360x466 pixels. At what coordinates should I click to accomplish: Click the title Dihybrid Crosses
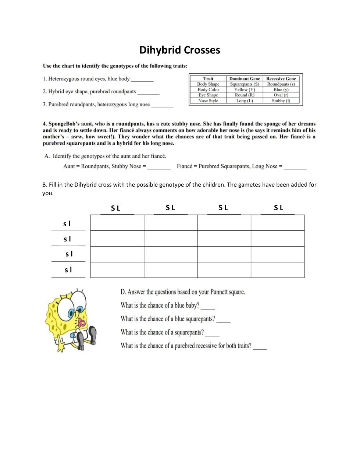pos(179,50)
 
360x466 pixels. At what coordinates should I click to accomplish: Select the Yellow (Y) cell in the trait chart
pos(245,89)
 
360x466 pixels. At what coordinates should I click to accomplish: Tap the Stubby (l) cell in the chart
pos(281,100)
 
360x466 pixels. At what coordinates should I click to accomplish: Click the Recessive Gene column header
pos(281,78)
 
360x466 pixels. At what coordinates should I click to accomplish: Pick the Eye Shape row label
pos(208,95)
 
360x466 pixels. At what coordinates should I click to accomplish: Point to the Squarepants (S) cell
pos(245,84)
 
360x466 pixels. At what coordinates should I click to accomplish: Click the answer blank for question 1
pos(142,80)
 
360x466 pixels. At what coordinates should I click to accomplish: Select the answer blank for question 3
pos(162,105)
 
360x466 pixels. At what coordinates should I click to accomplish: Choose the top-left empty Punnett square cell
pos(117,223)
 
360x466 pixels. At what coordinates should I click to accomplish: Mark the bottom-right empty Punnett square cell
pos(278,270)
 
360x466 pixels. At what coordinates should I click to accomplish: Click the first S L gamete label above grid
pos(116,208)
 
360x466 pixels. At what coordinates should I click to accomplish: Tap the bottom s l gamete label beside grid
pos(68,270)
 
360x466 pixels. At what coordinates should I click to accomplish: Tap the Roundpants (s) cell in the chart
pos(281,84)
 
